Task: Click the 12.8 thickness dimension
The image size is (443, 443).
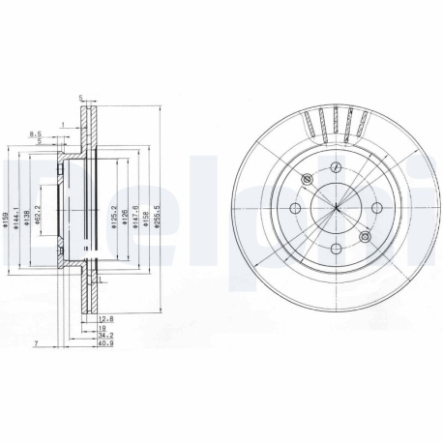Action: [x=105, y=316]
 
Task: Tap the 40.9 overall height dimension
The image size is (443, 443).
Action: [x=105, y=343]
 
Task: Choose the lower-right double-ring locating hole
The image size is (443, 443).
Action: [x=365, y=236]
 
